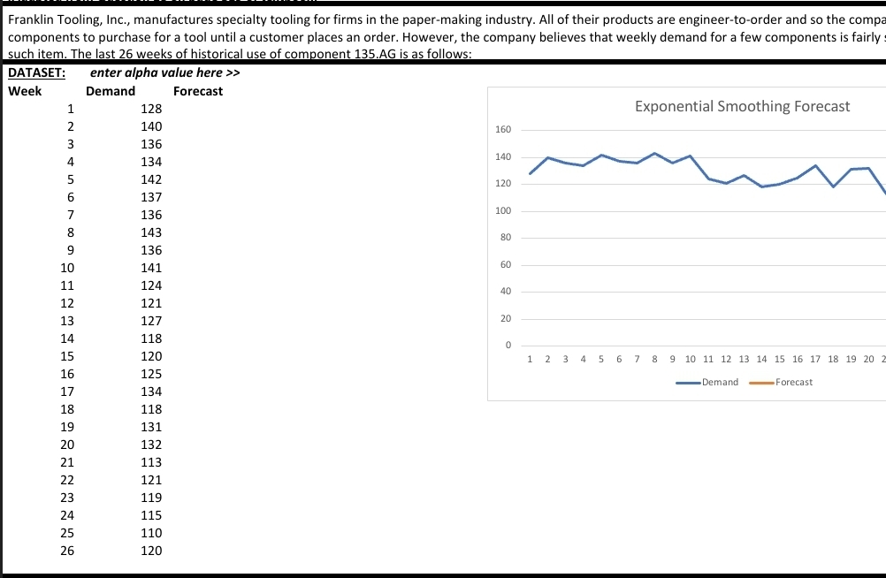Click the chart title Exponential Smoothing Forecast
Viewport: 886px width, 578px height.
(742, 106)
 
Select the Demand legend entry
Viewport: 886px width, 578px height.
(720, 382)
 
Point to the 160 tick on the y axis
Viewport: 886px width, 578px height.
(502, 130)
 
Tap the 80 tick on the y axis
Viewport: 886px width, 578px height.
(505, 238)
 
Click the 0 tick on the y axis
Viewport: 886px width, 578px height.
(508, 346)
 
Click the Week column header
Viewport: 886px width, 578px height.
(25, 91)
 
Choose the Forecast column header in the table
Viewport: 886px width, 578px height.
(198, 91)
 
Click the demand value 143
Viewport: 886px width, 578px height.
(151, 232)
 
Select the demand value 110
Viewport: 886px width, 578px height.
(151, 533)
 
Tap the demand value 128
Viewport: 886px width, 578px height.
(151, 109)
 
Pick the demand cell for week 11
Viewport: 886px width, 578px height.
(151, 285)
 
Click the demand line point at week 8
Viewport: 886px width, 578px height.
(654, 154)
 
